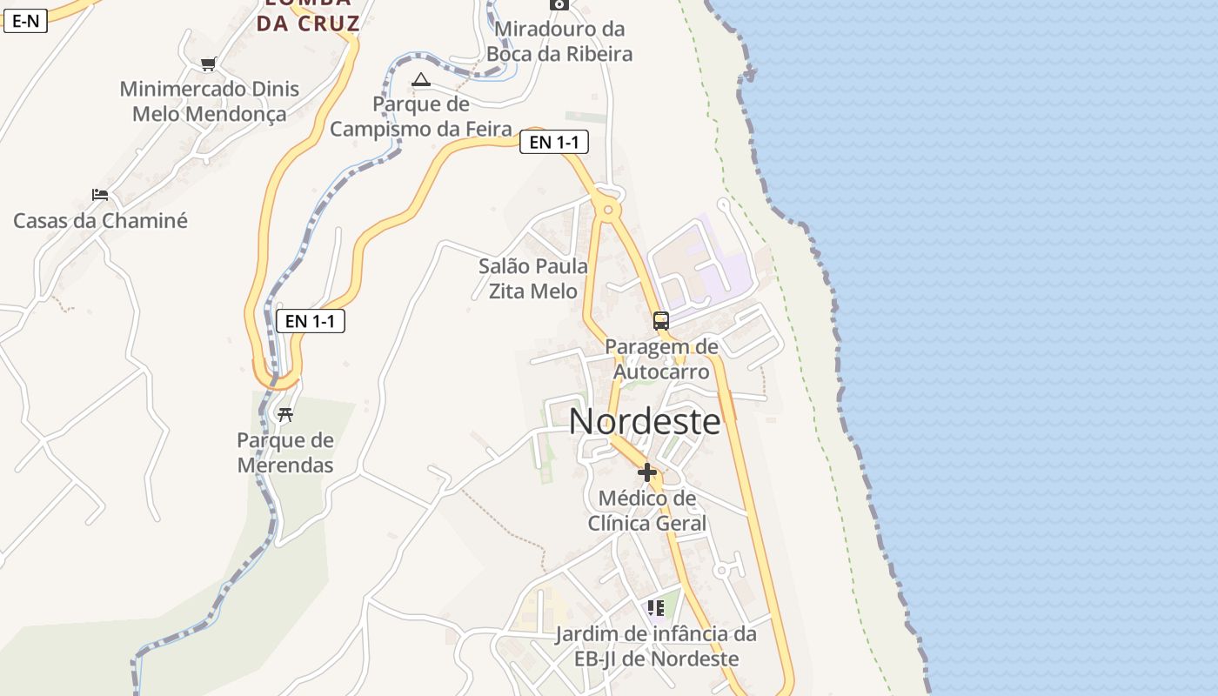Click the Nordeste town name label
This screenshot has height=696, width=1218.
click(645, 422)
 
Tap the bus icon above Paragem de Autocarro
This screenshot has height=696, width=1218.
click(661, 320)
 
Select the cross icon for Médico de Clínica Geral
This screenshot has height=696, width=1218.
click(647, 472)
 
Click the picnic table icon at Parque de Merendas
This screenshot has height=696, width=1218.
click(284, 414)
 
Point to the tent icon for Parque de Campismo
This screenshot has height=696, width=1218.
click(421, 80)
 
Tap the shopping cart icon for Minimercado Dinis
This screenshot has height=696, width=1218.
click(208, 64)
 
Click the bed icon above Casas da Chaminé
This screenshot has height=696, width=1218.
click(100, 195)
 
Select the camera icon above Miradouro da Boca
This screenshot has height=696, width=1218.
click(559, 4)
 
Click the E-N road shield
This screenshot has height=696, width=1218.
click(25, 21)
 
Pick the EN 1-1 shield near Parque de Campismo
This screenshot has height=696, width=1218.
click(554, 142)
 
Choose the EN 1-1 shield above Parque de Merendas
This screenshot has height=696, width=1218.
click(311, 321)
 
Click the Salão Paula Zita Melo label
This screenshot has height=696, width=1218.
click(533, 278)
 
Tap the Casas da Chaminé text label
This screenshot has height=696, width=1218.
click(100, 221)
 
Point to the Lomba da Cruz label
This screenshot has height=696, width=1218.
click(308, 17)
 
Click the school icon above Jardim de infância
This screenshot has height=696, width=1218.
click(655, 607)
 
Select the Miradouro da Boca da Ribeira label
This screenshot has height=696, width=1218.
click(559, 42)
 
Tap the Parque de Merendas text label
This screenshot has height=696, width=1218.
click(285, 452)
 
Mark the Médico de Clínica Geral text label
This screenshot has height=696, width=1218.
click(647, 511)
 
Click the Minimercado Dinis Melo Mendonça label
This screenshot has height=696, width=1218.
click(209, 101)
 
